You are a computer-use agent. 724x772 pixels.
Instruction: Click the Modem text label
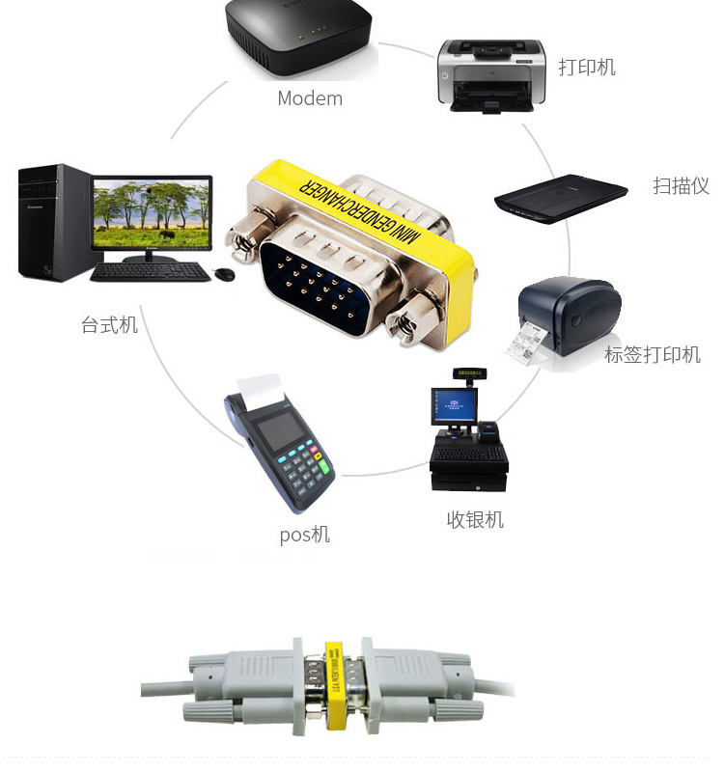coord(310,98)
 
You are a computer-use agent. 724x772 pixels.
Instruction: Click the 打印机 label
coord(586,68)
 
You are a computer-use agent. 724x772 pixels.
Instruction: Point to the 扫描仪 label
coord(681,186)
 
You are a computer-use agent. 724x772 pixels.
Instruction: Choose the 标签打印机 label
coord(653,354)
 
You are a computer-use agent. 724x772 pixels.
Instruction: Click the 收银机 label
coord(475,520)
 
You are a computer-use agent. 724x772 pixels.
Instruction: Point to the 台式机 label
coord(109,325)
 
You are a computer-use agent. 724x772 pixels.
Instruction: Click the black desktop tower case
coord(53,222)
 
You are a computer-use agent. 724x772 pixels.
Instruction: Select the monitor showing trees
coord(153,214)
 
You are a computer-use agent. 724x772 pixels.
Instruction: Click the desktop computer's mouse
coord(225,274)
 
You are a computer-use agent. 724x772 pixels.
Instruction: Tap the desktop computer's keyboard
coord(150,273)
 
